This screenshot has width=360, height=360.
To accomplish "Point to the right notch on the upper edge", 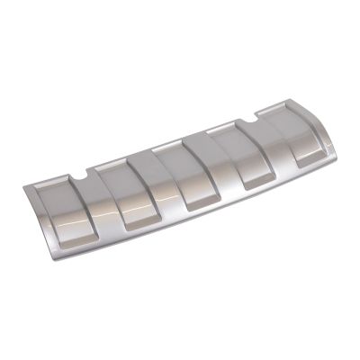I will [x=260, y=114].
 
